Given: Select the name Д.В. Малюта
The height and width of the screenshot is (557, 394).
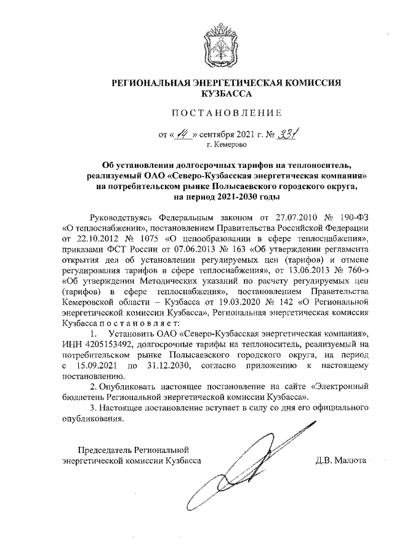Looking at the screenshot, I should [x=340, y=460].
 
